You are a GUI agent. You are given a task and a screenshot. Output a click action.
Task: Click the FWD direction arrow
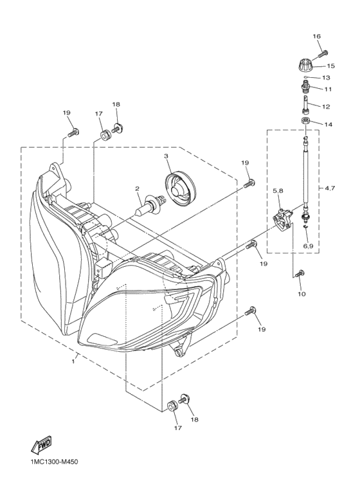pos(41,446)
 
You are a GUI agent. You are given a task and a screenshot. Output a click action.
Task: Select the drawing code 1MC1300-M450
pos(52,462)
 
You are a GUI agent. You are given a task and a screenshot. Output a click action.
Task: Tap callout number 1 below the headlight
pos(73,361)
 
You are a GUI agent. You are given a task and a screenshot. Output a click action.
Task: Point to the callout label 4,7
pos(330,188)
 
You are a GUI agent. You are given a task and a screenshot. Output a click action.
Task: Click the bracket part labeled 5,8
pos(283,219)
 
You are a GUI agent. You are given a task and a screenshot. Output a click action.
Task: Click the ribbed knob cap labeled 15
pos(304,66)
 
